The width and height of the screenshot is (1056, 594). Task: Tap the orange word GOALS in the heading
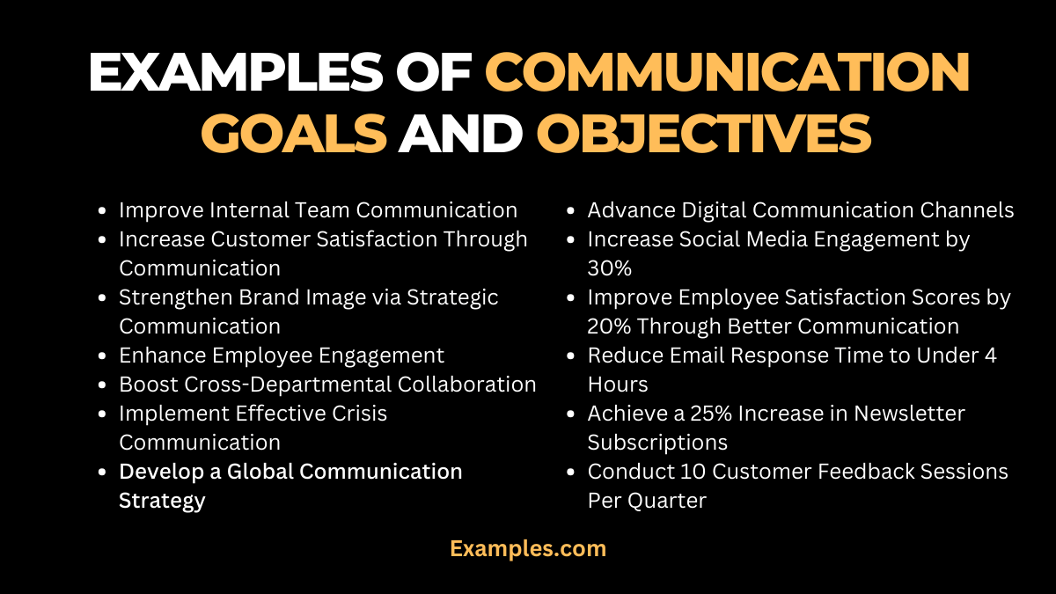coord(294,134)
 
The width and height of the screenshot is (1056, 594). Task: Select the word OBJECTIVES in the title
coord(704,134)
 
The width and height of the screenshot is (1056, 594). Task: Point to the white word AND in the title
coord(461,134)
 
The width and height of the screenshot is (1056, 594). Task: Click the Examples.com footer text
coord(528,548)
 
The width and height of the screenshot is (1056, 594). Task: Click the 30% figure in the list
coord(609,268)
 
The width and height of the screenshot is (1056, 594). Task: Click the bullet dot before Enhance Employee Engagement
coord(104,356)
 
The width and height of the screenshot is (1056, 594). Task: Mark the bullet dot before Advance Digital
coord(572,210)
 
